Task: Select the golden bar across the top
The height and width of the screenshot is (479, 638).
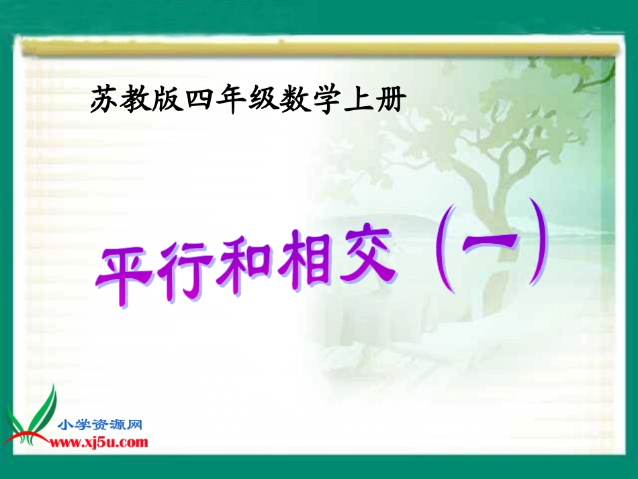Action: coord(319,48)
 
